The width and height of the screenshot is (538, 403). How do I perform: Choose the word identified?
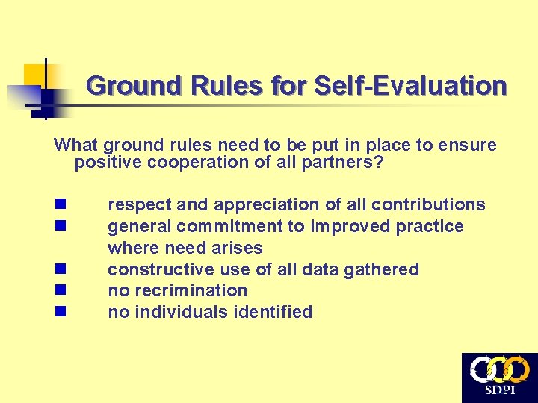point(275,312)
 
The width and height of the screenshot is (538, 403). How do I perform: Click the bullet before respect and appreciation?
point(60,204)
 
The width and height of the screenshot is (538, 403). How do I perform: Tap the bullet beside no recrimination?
point(60,290)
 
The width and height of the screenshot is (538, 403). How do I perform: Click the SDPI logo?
point(499,378)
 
